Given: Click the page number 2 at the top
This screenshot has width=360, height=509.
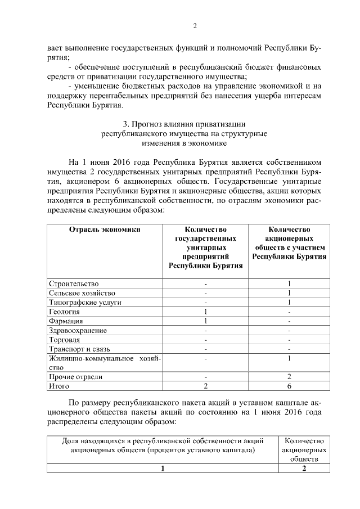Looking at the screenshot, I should tap(195, 25).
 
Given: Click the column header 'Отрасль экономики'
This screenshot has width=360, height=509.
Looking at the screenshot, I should tap(104, 229).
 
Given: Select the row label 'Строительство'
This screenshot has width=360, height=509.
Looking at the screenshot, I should tap(74, 283).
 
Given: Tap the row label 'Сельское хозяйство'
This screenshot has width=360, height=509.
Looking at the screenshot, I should tap(82, 293).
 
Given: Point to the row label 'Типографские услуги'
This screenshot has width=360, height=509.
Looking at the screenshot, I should tap(85, 302).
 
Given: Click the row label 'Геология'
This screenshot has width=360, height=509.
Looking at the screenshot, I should tap(65, 312).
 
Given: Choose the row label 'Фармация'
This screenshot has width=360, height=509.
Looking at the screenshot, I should tap(66, 321).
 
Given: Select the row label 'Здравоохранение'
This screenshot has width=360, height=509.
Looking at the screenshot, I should tap(78, 330).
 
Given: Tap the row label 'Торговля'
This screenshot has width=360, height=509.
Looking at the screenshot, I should tap(65, 340).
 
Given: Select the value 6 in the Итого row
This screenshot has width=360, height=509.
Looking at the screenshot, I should tap(289, 386).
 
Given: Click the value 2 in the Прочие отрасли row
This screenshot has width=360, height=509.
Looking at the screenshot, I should tap(289, 377).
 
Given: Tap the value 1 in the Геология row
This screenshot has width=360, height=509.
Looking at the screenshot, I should tap(206, 312).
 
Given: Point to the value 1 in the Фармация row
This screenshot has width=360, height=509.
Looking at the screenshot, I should tap(206, 321).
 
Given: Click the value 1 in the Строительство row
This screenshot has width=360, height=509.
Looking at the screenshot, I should tap(289, 283).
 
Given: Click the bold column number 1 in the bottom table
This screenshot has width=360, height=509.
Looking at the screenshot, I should tap(163, 470).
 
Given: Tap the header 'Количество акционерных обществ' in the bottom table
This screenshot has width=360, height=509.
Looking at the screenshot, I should tap(304, 450).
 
